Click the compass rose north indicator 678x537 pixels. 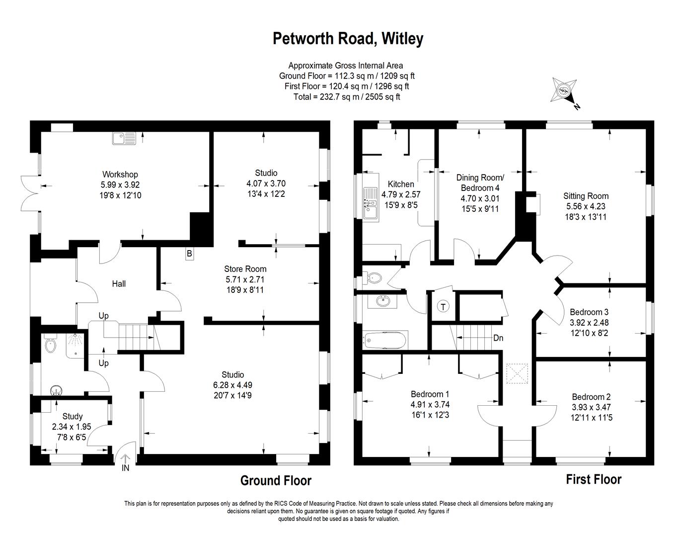(x=565, y=93)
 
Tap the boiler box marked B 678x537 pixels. (x=189, y=254)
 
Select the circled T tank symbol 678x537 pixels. (x=443, y=306)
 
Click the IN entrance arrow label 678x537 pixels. (x=125, y=467)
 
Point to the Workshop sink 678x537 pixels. (x=124, y=139)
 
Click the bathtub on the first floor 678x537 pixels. (x=385, y=340)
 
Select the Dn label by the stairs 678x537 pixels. (x=498, y=338)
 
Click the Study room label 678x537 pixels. (x=73, y=416)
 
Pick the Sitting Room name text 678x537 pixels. (x=586, y=196)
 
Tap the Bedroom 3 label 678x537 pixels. (x=589, y=312)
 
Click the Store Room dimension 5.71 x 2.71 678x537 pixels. (x=245, y=279)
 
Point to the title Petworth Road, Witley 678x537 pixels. (x=348, y=39)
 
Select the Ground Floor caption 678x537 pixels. (x=276, y=480)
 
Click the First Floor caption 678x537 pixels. (x=594, y=479)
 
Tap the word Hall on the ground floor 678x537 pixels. (x=119, y=283)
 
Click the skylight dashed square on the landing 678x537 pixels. (x=517, y=374)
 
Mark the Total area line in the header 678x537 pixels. (x=347, y=96)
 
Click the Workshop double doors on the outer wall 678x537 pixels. (x=30, y=193)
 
